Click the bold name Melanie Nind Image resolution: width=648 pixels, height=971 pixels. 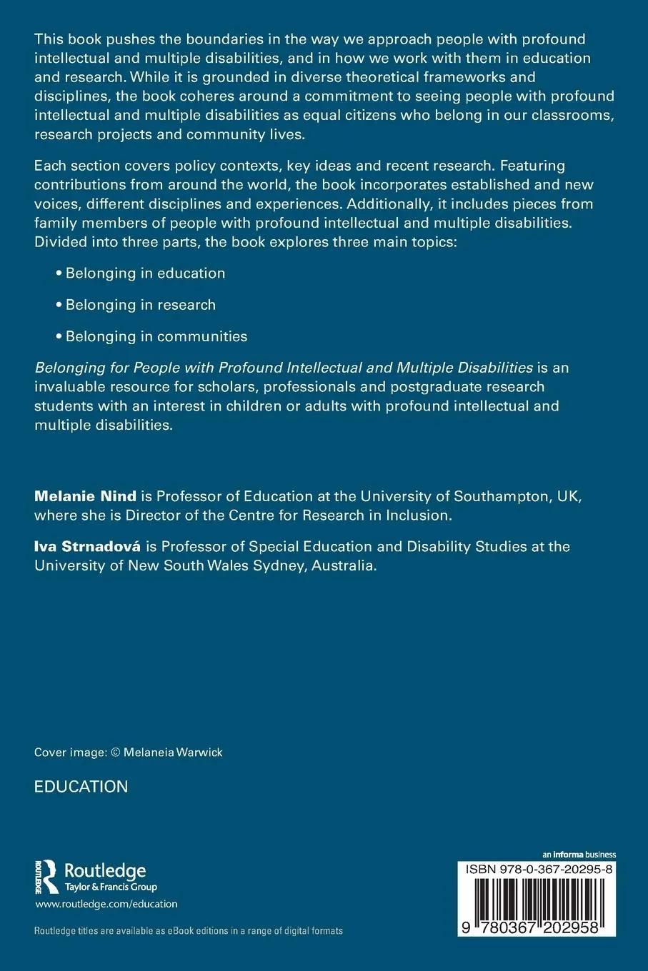85,496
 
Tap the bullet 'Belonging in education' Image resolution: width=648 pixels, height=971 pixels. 145,273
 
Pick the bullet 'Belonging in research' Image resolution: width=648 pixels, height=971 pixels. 140,304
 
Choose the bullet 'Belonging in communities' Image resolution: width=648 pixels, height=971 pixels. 156,336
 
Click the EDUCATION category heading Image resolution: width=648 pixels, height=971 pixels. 81,786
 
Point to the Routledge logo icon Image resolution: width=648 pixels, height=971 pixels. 47,876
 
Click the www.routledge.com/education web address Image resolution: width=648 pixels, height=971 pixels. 106,903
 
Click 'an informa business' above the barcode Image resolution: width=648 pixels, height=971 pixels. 579,854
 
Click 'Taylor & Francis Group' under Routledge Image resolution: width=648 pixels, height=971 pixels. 111,887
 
